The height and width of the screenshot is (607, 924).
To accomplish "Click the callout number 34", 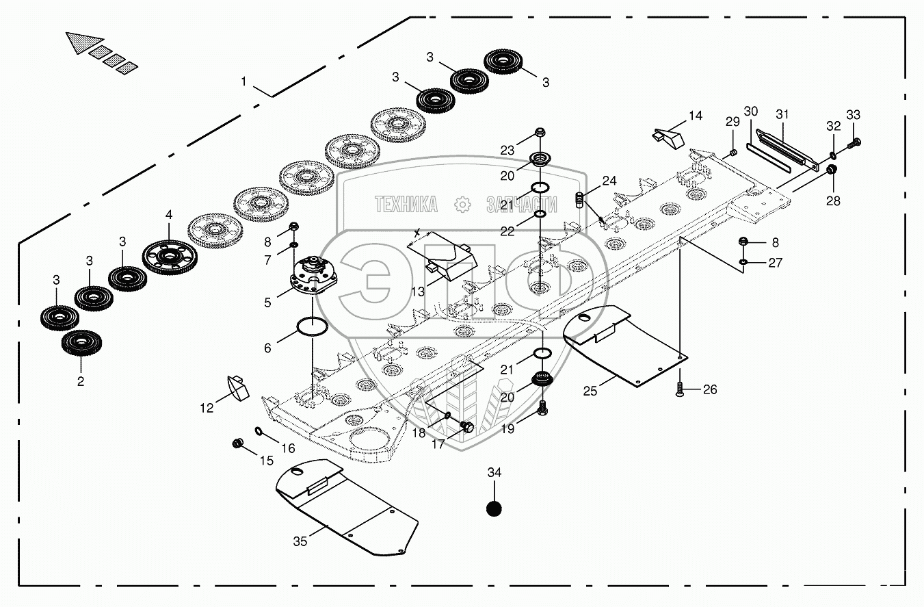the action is click(x=494, y=472).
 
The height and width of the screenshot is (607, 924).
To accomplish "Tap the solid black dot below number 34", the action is click(x=494, y=508).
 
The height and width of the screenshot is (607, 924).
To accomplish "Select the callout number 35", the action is click(x=300, y=541).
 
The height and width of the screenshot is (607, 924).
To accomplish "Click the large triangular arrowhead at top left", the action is click(x=83, y=42).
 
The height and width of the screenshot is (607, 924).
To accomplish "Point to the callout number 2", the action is click(x=81, y=381).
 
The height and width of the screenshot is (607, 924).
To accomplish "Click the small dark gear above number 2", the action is click(x=81, y=343).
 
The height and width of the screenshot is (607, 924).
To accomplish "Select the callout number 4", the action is click(x=169, y=215).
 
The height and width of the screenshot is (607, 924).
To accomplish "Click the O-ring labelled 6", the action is click(x=313, y=327).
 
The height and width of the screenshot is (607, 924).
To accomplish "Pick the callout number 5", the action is click(x=267, y=303).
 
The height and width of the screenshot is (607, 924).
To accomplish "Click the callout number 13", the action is click(x=417, y=292).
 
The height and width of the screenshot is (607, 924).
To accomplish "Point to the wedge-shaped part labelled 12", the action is click(x=237, y=387).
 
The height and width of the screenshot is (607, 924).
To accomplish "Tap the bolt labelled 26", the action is click(x=680, y=389).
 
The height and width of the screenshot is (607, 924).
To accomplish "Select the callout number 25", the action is click(x=590, y=391).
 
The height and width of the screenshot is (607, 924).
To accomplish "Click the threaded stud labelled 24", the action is click(x=580, y=200).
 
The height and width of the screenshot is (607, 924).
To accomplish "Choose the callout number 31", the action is click(x=782, y=114).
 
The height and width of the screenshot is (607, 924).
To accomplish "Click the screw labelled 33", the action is click(x=854, y=143).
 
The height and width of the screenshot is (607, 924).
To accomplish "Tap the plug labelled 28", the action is click(x=831, y=169).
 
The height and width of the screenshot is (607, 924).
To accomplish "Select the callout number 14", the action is click(x=695, y=116).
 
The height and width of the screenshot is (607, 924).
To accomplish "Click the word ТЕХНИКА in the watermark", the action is click(x=406, y=204).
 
